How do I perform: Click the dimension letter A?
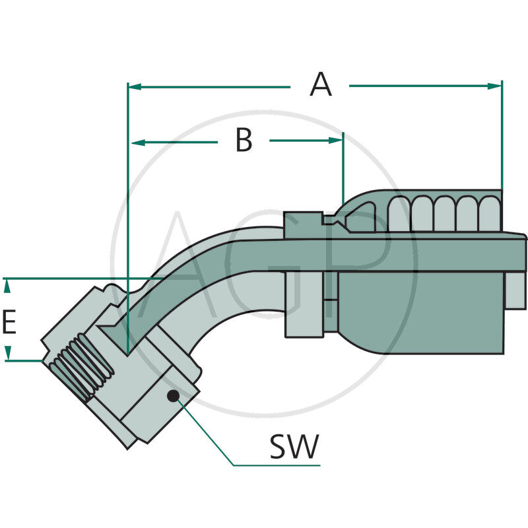tap(321, 85)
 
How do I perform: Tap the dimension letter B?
tap(244, 141)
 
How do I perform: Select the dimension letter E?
tap(9, 323)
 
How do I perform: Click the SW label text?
tap(294, 447)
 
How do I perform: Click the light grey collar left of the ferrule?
tap(304, 304)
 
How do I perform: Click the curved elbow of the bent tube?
tap(198, 264)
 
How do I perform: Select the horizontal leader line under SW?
tap(277, 465)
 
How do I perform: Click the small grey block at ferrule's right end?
tap(515, 290)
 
